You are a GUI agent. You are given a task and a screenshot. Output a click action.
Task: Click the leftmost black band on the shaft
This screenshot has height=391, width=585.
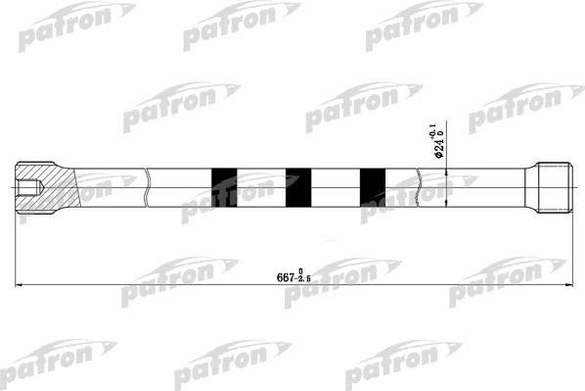click(224, 187)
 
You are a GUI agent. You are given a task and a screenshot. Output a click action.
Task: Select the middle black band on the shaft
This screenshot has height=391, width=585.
click(298, 187)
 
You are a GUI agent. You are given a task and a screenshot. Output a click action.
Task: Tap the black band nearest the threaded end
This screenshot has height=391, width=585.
click(373, 187)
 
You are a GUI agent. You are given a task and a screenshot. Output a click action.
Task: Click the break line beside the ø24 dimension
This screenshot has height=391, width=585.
click(421, 187)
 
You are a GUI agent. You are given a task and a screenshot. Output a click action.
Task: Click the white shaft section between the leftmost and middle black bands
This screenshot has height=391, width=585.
click(261, 187)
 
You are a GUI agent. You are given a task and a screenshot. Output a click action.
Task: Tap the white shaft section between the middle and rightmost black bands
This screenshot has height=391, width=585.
click(336, 187)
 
